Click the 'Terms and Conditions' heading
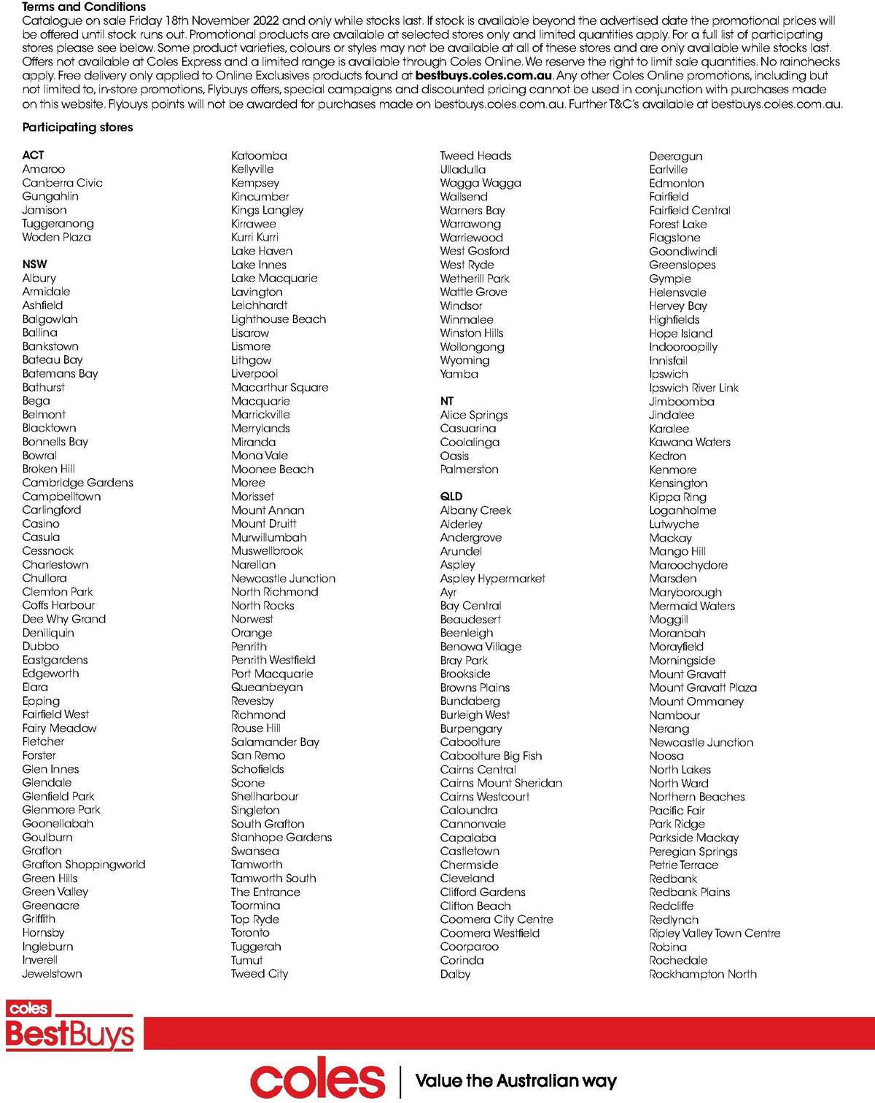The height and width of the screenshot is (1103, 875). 84,7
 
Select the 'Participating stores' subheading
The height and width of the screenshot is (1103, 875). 77,127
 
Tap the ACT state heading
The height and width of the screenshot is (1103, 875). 33,155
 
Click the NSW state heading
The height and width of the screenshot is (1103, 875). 34,264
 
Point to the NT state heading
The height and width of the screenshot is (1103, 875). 446,401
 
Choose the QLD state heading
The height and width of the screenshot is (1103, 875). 451,496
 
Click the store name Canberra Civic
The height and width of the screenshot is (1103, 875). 62,182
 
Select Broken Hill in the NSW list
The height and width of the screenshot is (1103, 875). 48,469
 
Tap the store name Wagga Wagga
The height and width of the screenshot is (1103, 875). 480,182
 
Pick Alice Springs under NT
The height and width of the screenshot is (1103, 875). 473,415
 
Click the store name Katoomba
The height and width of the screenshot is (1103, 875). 259,155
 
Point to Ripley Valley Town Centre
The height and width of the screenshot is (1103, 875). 714,933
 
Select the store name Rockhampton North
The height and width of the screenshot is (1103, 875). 702,974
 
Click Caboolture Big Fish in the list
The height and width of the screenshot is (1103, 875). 491,755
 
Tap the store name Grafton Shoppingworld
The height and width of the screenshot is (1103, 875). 83,865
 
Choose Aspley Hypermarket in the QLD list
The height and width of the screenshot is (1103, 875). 492,578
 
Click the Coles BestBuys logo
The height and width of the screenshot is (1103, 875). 69,1026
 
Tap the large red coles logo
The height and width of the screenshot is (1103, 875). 317,1080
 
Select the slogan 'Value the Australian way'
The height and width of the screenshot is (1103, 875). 516,1080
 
